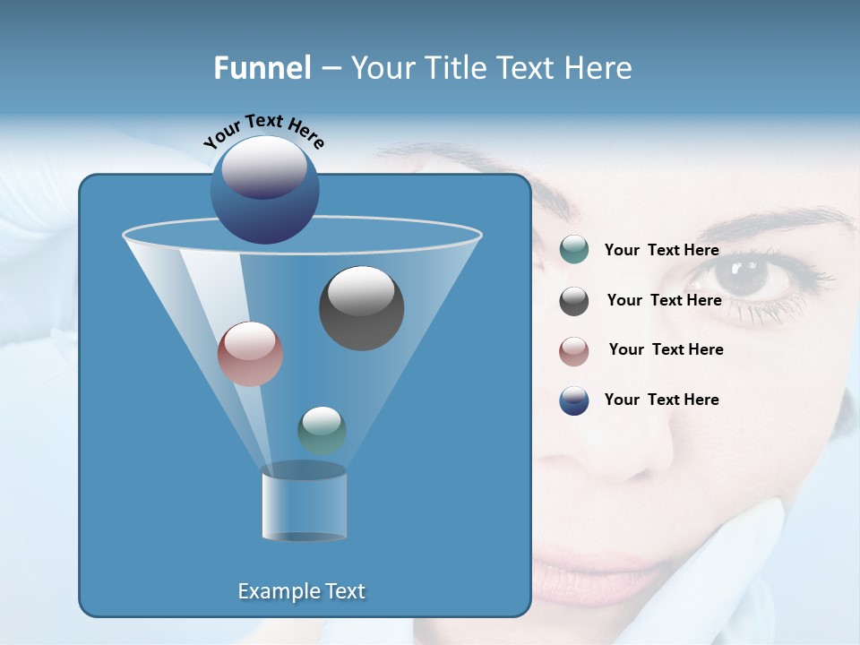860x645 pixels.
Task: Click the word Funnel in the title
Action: click(262, 68)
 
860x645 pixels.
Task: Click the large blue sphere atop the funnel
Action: click(264, 189)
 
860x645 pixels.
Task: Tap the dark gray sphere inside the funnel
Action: click(361, 307)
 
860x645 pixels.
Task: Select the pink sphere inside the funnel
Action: click(250, 354)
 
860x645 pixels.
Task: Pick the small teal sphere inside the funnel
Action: click(322, 430)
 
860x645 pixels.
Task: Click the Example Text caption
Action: click(301, 591)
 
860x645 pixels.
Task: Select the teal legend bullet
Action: click(574, 250)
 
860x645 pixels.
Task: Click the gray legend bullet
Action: click(574, 301)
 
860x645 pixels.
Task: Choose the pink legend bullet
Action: click(574, 351)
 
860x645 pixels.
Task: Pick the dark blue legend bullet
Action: click(574, 400)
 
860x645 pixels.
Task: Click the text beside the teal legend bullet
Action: click(661, 251)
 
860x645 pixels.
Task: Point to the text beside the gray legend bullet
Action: click(664, 301)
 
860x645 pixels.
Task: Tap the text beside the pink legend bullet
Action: click(666, 350)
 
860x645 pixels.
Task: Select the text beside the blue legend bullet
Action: click(661, 400)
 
